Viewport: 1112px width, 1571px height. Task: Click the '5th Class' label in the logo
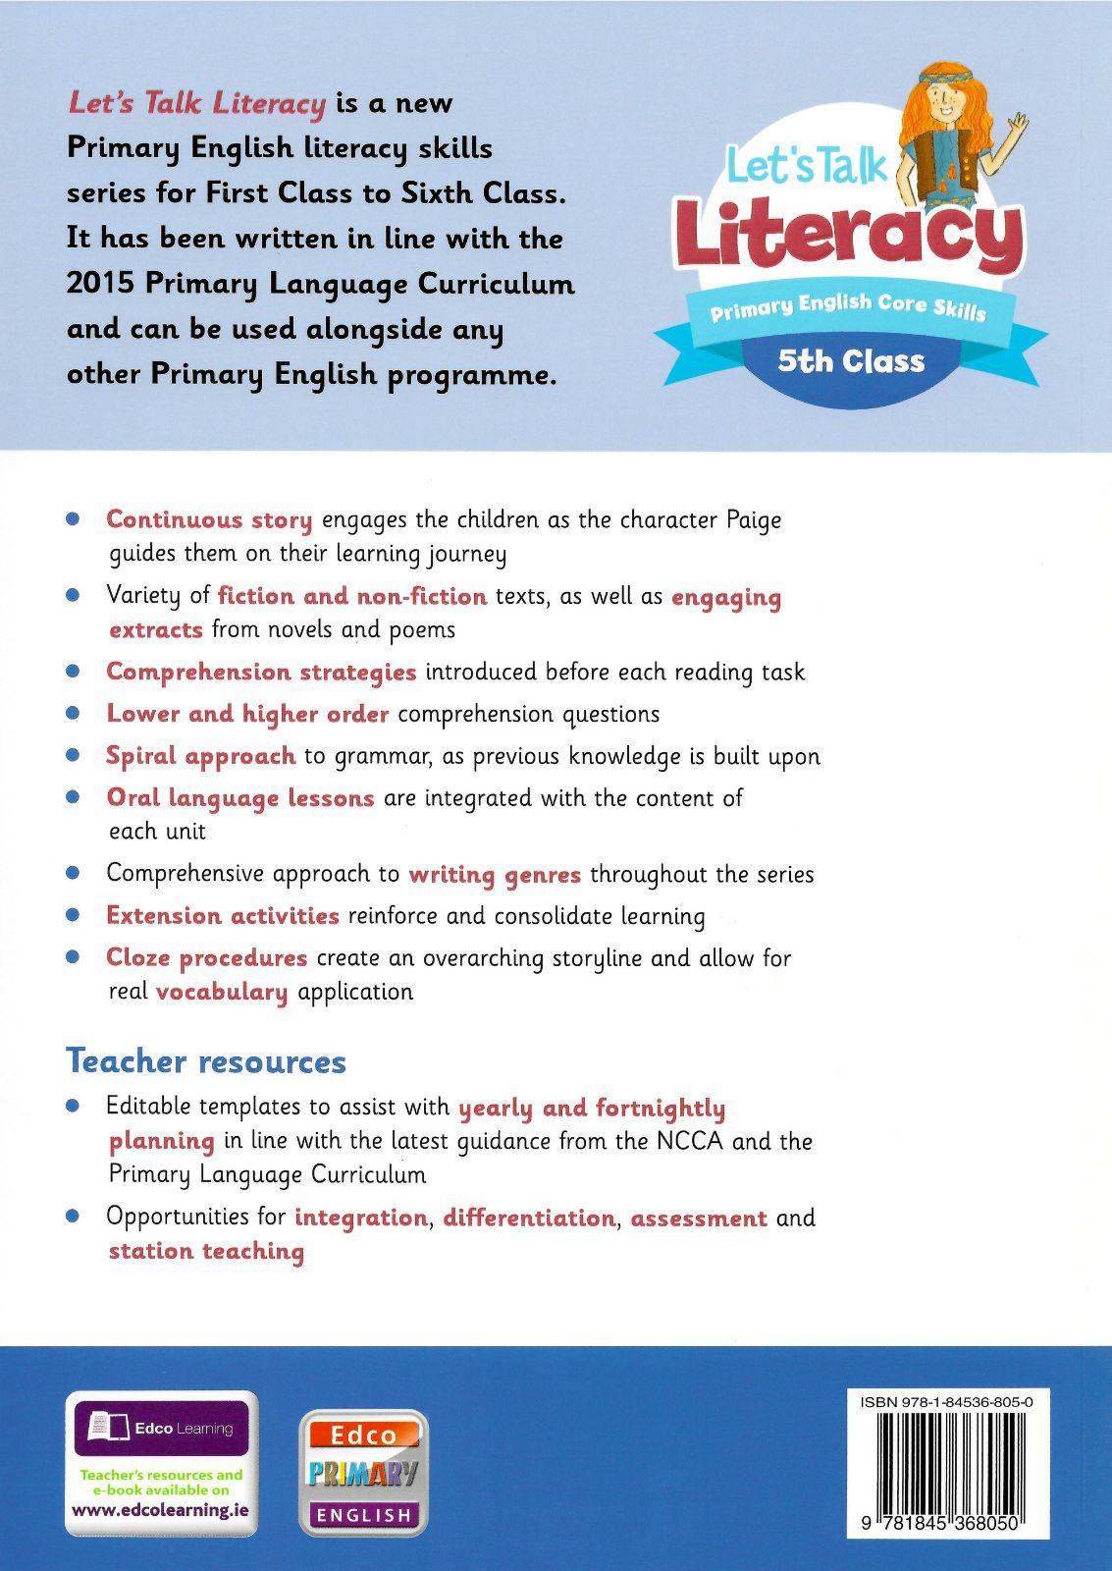(x=851, y=361)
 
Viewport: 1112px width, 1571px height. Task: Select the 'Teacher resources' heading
(x=206, y=1061)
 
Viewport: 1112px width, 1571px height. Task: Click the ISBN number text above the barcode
(x=946, y=1403)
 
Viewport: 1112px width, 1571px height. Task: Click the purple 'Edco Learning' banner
(x=162, y=1428)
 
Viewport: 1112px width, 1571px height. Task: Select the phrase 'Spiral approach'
(x=200, y=756)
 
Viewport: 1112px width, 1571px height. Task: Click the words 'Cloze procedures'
(x=206, y=957)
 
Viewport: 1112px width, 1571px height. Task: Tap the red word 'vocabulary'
(x=222, y=992)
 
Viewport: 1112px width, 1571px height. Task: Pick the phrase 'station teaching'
(x=206, y=1251)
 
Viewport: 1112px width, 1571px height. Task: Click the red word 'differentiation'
(x=528, y=1218)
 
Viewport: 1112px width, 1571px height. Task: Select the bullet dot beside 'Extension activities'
(x=72, y=915)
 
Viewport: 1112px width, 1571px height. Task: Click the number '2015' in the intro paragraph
(x=99, y=285)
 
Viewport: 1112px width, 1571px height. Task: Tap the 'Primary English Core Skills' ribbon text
(x=848, y=307)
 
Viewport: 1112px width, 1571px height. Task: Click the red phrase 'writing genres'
(x=495, y=874)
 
